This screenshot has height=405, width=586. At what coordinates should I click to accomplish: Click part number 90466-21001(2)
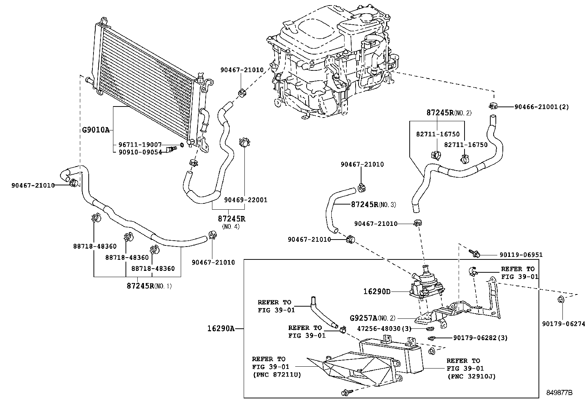[x=541, y=107]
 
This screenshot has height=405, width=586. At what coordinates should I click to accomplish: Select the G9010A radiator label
[x=96, y=130]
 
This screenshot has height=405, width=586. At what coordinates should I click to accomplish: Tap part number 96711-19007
[x=140, y=145]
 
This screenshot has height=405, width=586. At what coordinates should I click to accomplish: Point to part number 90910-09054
[x=140, y=152]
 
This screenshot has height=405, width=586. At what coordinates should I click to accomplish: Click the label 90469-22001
[x=246, y=200]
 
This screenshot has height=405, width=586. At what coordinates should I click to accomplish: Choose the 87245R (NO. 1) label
[x=149, y=286]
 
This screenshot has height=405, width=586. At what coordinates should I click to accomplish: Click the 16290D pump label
[x=377, y=291]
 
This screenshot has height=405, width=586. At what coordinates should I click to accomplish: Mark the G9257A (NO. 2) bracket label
[x=373, y=318]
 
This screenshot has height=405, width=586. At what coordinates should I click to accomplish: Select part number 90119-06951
[x=521, y=255]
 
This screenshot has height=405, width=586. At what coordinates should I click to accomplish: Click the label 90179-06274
[x=563, y=324]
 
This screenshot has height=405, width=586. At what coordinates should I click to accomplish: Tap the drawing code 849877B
[x=559, y=393]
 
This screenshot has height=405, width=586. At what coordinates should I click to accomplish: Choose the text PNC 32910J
[x=471, y=376]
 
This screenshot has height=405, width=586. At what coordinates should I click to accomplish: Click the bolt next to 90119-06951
[x=474, y=253]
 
